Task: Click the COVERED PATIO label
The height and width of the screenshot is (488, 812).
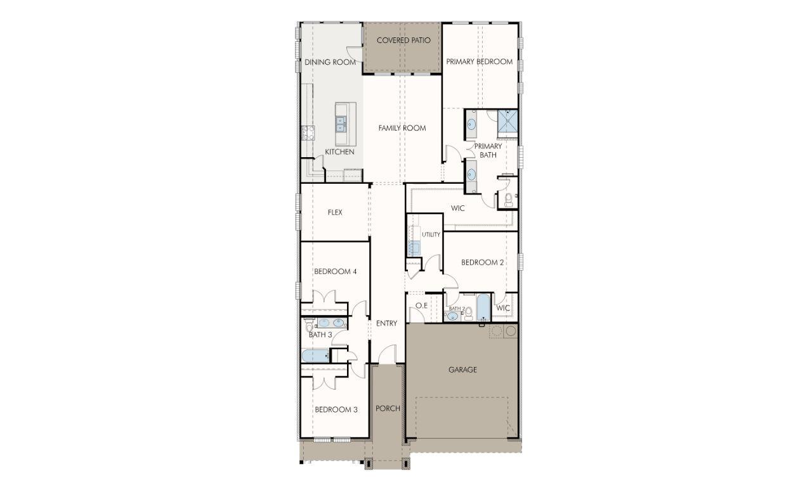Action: [403, 41]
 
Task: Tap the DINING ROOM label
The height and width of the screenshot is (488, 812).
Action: [330, 62]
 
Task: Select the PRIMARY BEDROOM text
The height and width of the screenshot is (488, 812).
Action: [479, 62]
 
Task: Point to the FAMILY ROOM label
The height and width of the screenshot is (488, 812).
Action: [402, 128]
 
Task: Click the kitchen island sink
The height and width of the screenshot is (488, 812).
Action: [341, 124]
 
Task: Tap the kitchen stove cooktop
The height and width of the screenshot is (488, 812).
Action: [308, 133]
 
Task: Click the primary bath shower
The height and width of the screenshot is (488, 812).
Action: [507, 123]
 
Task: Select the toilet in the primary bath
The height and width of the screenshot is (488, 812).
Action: [509, 200]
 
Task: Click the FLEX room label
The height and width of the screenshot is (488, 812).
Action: [335, 212]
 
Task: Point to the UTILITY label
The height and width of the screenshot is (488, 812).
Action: [431, 234]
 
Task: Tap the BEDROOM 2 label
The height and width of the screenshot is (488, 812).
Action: [482, 262]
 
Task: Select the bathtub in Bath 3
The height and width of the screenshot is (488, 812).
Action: [315, 356]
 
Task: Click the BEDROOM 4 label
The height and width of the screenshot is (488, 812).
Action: [336, 271]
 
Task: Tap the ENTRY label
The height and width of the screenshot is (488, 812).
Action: [386, 323]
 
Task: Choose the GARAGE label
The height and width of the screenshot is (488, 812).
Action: [462, 369]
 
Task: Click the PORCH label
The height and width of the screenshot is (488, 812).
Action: [388, 408]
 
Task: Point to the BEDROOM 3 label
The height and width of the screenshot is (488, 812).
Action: [336, 409]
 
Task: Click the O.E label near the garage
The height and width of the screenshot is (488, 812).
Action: [421, 306]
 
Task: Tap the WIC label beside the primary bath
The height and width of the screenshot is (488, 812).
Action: [459, 208]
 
